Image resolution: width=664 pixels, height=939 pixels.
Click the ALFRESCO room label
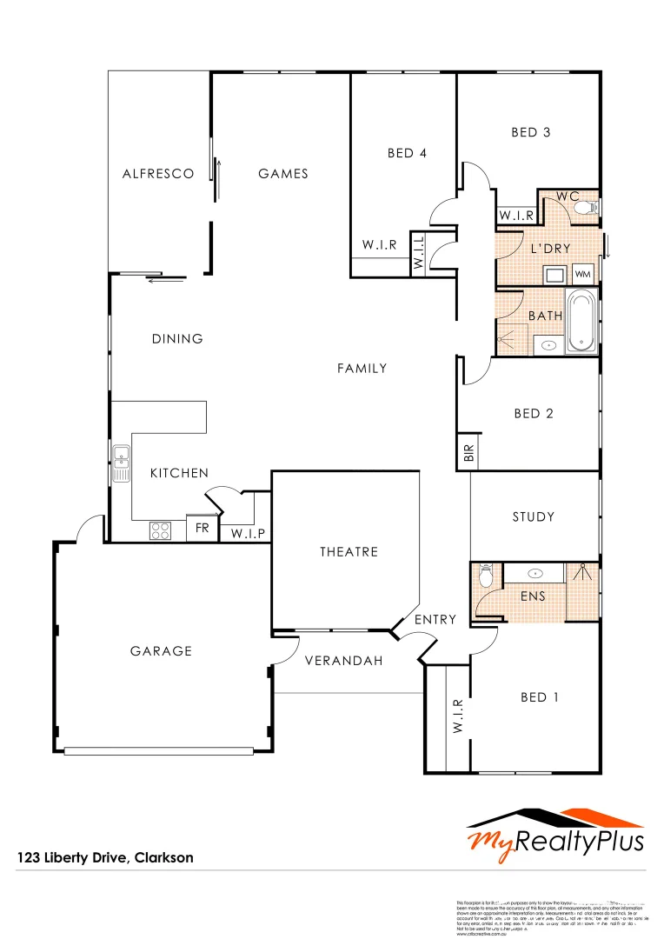pyautogui.click(x=158, y=174)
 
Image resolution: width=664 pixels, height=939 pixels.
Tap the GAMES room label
pyautogui.click(x=283, y=174)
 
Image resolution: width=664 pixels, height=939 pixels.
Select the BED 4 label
pyautogui.click(x=407, y=153)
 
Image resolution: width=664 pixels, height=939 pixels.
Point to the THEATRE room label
pyautogui.click(x=349, y=552)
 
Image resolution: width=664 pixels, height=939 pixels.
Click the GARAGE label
pyautogui.click(x=161, y=651)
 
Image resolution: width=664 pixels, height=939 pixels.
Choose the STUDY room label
pyautogui.click(x=533, y=517)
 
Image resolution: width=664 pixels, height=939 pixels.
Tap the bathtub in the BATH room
pyautogui.click(x=582, y=322)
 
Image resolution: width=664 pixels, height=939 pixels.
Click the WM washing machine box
pyautogui.click(x=582, y=275)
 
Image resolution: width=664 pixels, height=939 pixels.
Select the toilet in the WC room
pyautogui.click(x=588, y=207)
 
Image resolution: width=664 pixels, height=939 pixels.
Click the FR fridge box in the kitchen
pyautogui.click(x=202, y=529)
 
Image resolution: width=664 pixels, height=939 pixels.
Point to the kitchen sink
pyautogui.click(x=122, y=462)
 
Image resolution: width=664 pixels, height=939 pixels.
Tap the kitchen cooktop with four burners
pyautogui.click(x=161, y=529)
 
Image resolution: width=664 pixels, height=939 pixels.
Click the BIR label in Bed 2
pyautogui.click(x=469, y=453)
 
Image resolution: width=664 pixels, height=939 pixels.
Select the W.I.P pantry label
pyautogui.click(x=247, y=533)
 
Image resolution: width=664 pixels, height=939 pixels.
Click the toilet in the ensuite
pyautogui.click(x=487, y=575)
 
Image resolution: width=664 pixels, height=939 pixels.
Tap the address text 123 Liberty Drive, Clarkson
pyautogui.click(x=105, y=858)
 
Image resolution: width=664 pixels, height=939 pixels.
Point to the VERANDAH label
pyautogui.click(x=344, y=661)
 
